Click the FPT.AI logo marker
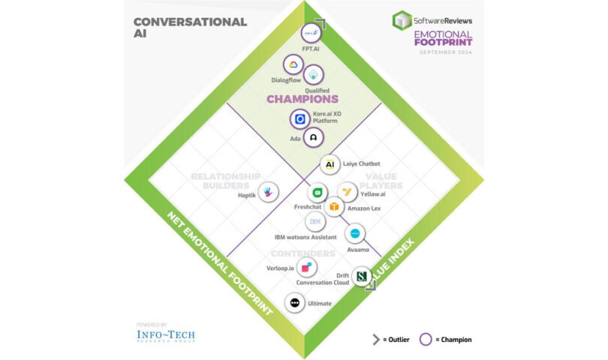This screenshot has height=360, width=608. [x=311, y=34]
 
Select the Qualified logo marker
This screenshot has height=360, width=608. [x=315, y=73]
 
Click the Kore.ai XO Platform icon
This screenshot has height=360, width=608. [x=300, y=118]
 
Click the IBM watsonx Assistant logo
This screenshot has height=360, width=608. [x=315, y=222]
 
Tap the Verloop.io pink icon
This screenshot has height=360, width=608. [x=306, y=268]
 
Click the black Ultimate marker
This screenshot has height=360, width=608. [x=295, y=303]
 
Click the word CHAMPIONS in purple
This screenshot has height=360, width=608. [x=302, y=98]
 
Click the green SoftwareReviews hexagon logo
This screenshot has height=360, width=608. [x=402, y=19]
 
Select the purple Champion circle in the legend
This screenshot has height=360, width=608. [x=426, y=339]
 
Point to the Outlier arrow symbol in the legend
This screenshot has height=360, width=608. [x=376, y=339]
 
